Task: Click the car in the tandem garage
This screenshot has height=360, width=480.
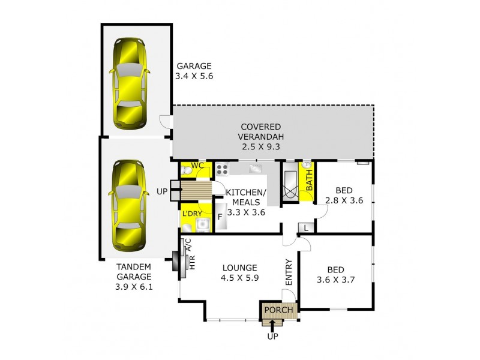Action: click(x=127, y=205)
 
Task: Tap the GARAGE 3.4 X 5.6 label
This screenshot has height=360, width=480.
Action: click(x=194, y=71)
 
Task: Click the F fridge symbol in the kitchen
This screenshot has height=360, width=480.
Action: click(x=220, y=216)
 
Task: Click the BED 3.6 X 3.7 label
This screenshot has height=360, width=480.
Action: click(x=335, y=275)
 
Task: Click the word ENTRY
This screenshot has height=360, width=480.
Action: click(x=289, y=272)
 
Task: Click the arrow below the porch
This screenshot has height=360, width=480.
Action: click(x=273, y=324)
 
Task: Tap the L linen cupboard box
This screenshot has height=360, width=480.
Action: click(x=306, y=227)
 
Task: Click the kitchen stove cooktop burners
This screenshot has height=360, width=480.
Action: click(x=222, y=169)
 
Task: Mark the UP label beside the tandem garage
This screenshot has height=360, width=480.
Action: click(x=161, y=191)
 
